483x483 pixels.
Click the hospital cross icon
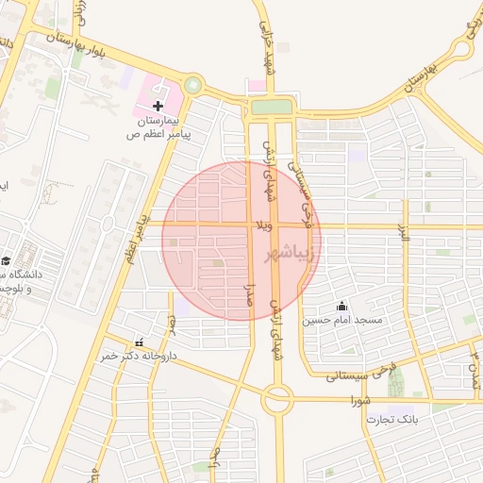click(x=158, y=106)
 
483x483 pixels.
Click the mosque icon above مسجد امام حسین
click(x=341, y=307)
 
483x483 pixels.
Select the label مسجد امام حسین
click(x=342, y=321)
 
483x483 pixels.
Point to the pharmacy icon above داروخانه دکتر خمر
click(x=140, y=342)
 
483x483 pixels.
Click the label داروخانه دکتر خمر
click(x=139, y=357)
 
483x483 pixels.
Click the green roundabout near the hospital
click(x=193, y=86)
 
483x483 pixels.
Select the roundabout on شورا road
click(x=277, y=400)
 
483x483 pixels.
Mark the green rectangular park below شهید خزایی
click(x=271, y=108)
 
